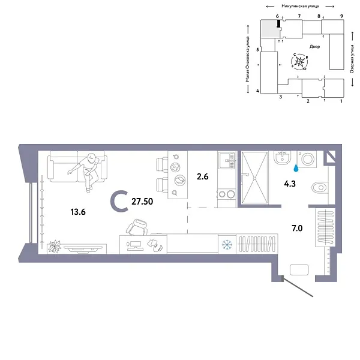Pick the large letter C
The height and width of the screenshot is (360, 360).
119,202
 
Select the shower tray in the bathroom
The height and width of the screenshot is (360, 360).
256,178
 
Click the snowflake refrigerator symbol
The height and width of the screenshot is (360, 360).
227,244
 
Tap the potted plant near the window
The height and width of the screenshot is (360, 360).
55,245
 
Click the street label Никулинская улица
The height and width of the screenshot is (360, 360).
295,5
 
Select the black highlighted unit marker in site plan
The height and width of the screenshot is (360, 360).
278,24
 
